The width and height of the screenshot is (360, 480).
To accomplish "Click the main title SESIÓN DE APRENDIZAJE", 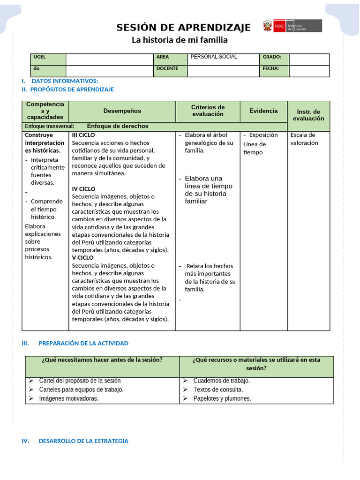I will tap(183, 28).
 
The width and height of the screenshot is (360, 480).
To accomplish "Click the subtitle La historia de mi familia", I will tap(179, 40).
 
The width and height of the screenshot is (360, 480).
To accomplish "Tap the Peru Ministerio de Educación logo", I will tap(292, 26).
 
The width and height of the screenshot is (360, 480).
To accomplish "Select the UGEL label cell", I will tap(48, 59).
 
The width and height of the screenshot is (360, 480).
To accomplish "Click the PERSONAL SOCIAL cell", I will tap(214, 57).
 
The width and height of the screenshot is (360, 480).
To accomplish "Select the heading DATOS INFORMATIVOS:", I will tap(65, 81).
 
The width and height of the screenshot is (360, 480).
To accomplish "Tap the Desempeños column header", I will tap(122, 111).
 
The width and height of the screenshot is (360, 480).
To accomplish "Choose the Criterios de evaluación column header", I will tap(208, 111).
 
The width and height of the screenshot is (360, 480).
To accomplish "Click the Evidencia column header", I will tap(263, 111).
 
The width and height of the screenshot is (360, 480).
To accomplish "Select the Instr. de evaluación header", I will tap(308, 115).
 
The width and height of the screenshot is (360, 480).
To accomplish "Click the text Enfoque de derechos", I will tap(118, 126).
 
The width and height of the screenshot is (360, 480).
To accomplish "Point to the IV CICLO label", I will tap(83, 189).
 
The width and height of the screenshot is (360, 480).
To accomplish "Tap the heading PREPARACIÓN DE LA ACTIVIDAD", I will tap(83, 343).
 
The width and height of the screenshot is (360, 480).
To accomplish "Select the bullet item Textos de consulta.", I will tap(218, 390).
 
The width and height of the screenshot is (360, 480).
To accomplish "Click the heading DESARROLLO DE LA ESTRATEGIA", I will tap(83, 441).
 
